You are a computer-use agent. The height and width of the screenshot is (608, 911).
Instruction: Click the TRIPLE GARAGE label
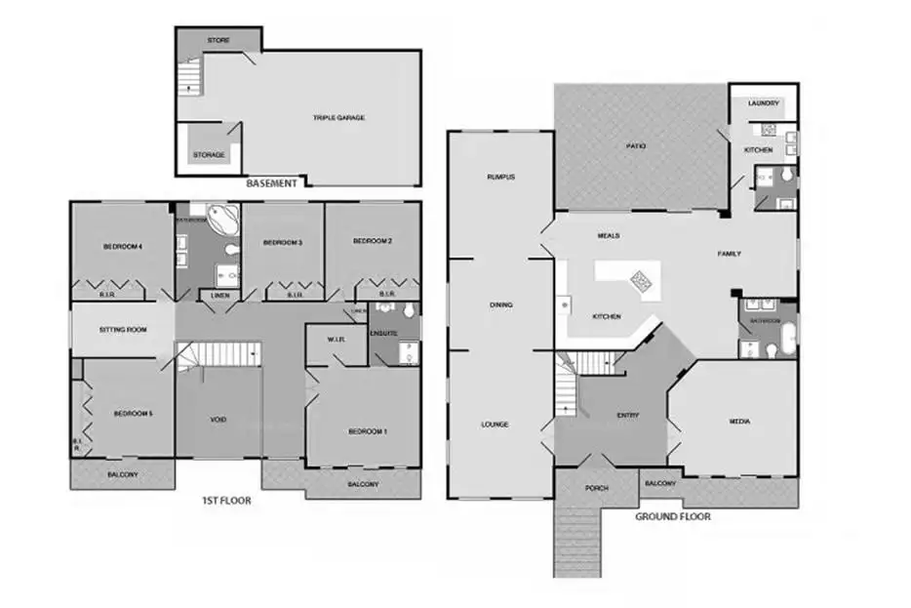[338, 118]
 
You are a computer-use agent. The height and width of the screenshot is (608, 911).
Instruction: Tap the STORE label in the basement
[218, 40]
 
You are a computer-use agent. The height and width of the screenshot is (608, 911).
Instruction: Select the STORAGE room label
[209, 154]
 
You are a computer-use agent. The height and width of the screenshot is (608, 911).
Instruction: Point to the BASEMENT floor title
[271, 182]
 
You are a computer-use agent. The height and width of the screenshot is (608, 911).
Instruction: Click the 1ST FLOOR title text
[226, 501]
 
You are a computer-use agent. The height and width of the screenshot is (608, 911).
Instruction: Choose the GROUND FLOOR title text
[673, 516]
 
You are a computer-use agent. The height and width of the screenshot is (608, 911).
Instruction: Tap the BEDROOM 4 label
[123, 247]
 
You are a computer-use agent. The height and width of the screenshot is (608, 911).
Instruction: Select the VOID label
[218, 420]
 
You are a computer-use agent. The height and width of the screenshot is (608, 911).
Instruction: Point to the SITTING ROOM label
[123, 330]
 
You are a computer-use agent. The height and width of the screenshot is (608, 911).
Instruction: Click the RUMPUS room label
[500, 177]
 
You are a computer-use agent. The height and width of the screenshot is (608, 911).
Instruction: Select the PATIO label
[637, 146]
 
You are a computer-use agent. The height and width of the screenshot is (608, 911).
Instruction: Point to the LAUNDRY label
[764, 102]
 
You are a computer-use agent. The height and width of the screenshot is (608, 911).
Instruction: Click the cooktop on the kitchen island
[641, 281]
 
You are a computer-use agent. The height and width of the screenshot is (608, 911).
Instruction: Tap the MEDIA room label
[739, 422]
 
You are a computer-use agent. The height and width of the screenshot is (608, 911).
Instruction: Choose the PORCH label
[597, 488]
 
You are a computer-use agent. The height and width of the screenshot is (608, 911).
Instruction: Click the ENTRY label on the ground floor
[628, 416]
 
